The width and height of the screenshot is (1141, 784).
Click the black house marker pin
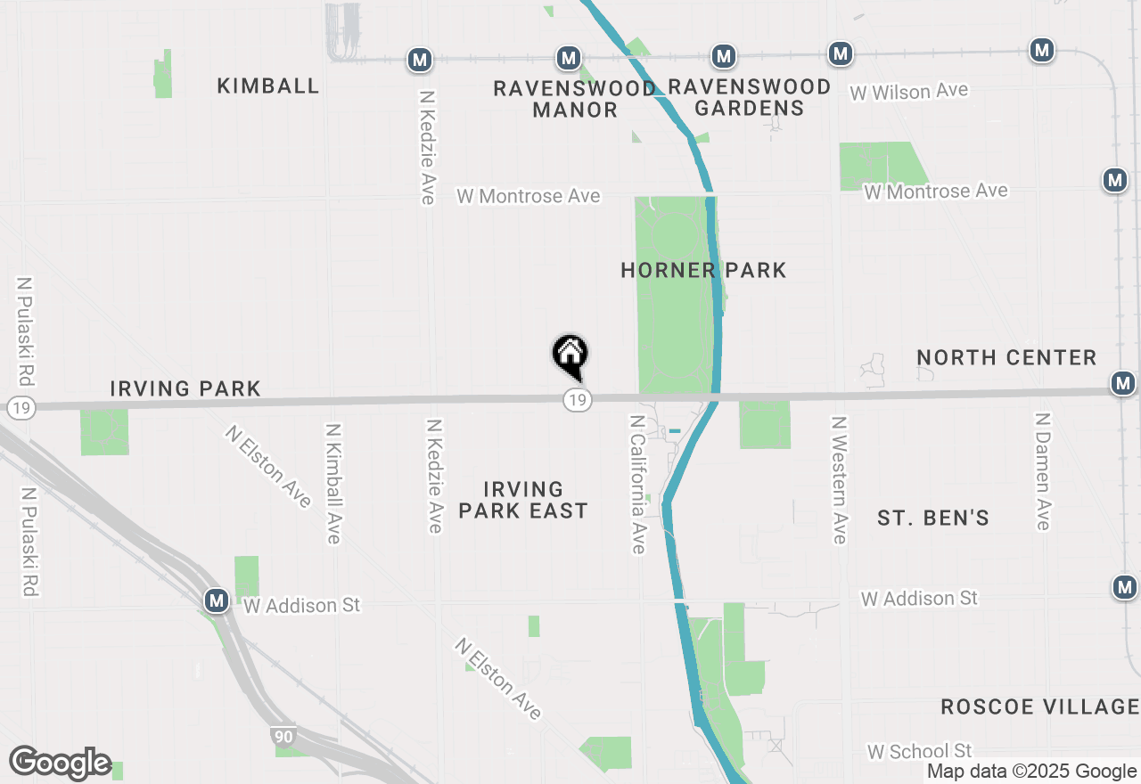pos(570,356)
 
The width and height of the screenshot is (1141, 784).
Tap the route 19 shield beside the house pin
pos(578,399)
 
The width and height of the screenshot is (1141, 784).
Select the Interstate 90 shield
pos(282,736)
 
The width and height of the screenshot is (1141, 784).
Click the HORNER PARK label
pos(703,270)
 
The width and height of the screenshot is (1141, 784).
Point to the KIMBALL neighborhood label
pos(268,86)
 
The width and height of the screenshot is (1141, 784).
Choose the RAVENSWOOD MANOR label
pos(575,99)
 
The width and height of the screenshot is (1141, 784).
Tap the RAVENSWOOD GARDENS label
pos(749,97)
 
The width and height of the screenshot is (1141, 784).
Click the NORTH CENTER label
pos(1006,357)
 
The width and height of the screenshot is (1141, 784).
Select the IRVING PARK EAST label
pos(523,500)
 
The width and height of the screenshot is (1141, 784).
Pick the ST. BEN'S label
pos(933,519)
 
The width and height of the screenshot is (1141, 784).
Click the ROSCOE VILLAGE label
pos(1039,707)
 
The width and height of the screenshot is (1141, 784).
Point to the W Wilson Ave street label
pos(908,92)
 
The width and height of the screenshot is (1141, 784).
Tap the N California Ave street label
pos(637,484)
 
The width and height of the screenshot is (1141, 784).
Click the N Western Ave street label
pos(839,479)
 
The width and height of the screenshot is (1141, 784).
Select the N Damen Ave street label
pos(1041,470)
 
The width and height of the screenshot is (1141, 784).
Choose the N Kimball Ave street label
pos(332,483)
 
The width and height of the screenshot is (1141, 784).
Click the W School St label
pos(919,751)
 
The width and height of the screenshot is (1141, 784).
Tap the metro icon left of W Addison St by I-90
pos(216,600)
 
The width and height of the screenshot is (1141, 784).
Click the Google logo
pos(60,764)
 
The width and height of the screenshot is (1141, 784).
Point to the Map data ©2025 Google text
pos(1031,772)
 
